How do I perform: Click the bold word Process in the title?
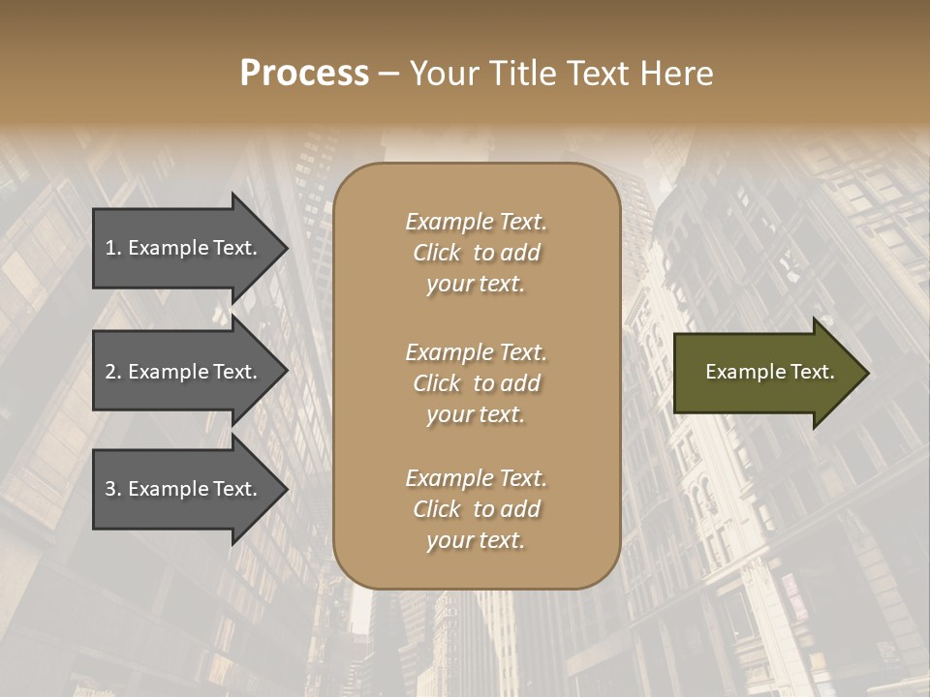pos(304,74)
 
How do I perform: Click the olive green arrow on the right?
pos(765,372)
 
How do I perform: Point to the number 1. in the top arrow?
pos(112,248)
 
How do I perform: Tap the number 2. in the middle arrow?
pos(112,372)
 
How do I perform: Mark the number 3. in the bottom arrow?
pos(112,489)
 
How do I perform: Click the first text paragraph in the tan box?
pos(476,253)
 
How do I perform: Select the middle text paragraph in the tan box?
pos(476,383)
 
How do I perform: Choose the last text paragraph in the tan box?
pos(476,509)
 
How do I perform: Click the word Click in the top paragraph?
pos(437,253)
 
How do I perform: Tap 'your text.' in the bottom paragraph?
pos(476,540)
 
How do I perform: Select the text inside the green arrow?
pos(769,372)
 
